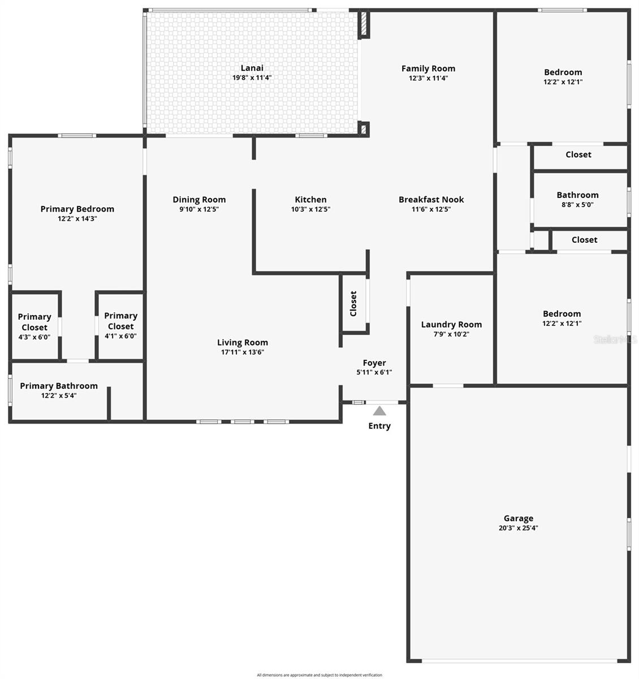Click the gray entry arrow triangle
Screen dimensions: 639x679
point(379,410)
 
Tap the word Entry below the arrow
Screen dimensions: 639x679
point(379,426)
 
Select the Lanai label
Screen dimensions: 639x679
point(252,68)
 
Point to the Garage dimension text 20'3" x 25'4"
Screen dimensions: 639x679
point(518,527)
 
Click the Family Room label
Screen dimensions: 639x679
point(428,68)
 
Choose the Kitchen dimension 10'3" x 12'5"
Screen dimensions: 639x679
point(310,209)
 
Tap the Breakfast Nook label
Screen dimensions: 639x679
point(431,199)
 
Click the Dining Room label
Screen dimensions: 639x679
point(199,199)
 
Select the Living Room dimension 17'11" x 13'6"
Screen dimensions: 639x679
point(242,352)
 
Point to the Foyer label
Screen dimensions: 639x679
point(374,363)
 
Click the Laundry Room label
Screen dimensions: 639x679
point(451,324)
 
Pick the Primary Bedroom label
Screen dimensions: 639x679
point(77,209)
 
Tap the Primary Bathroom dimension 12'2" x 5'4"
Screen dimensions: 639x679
point(59,396)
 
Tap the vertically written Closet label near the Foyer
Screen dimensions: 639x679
point(353,303)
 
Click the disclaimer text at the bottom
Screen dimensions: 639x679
point(319,675)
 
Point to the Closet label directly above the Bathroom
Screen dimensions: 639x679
point(578,154)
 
